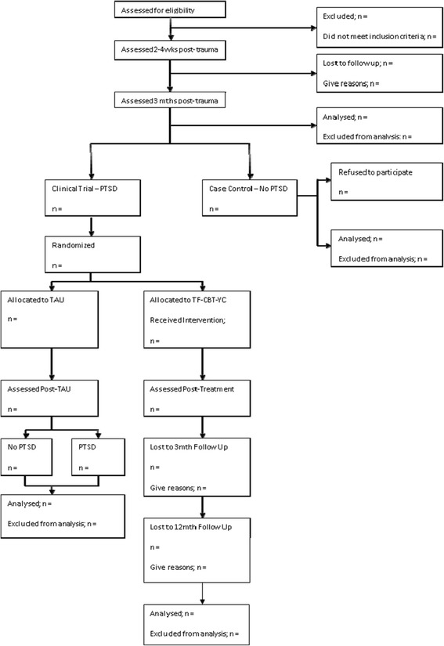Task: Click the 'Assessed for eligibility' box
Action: click(x=170, y=10)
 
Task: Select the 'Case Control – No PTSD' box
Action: click(x=250, y=198)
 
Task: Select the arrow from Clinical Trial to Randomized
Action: click(x=92, y=226)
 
